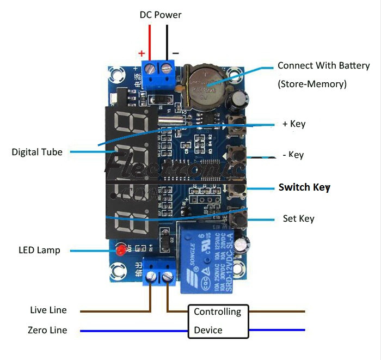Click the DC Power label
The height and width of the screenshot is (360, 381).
[161, 15]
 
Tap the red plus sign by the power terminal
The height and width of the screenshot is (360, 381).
[142, 53]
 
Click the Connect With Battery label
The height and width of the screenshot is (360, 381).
[323, 66]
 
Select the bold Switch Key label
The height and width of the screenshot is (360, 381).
[304, 187]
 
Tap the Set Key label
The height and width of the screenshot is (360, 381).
[298, 219]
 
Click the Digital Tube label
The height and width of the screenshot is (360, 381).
[37, 152]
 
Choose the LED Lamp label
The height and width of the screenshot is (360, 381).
[39, 251]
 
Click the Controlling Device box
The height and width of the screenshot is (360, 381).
[218, 321]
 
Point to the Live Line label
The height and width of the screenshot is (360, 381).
[48, 310]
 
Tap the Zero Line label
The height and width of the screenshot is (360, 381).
[48, 330]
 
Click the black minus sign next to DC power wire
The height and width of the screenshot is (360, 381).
[175, 53]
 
